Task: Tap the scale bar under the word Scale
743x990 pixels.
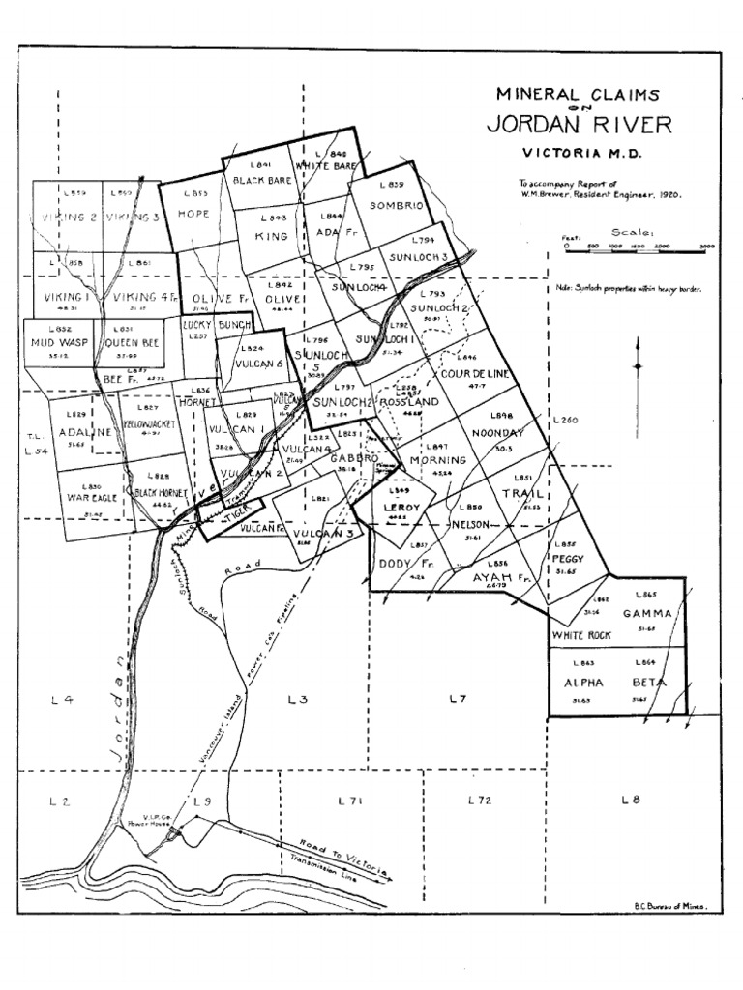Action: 639,247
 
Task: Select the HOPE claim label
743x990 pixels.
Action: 193,214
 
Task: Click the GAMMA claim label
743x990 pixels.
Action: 646,613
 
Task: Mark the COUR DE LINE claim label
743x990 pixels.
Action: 475,374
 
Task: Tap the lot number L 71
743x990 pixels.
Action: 349,801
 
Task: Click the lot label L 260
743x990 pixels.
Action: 566,420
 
